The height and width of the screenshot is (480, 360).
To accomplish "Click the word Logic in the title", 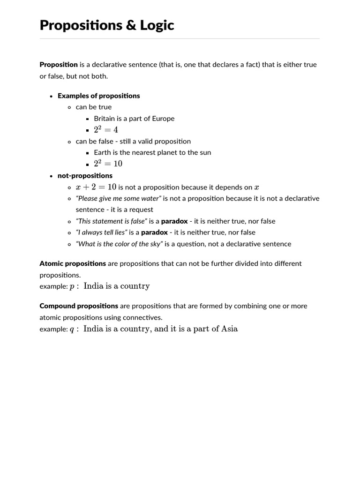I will pos(156,25).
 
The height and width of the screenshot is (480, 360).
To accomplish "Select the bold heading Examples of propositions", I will pos(98,96).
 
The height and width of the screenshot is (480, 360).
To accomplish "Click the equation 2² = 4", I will pos(106,130).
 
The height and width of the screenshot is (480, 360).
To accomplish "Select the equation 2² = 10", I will pos(108,164).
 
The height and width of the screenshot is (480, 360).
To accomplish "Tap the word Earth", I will pos(102,152).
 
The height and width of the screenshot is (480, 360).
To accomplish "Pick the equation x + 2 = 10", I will pos(96,187).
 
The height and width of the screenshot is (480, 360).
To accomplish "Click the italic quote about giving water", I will pos(119,198).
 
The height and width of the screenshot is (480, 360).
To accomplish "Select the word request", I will pos(141,210).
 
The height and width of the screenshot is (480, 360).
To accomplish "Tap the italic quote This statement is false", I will pos(112,221).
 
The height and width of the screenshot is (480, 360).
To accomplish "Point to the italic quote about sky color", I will pos(120,244).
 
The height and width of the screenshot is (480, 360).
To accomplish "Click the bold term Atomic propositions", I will pos(73,263).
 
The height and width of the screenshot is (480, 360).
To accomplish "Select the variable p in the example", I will pos(72,286).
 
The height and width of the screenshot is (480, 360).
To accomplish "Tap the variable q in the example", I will pos(72,329).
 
